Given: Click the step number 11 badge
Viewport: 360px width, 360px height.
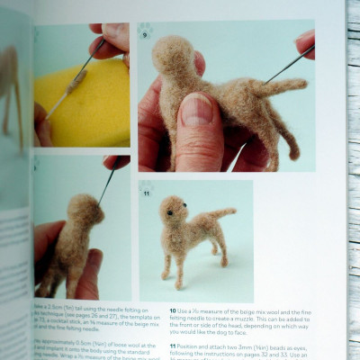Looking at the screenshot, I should [146, 191].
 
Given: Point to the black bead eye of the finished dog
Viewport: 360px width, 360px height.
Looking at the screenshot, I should [166, 212].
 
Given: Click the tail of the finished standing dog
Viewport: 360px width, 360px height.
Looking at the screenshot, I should [220, 214].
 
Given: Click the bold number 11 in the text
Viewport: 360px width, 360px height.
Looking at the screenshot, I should [171, 346].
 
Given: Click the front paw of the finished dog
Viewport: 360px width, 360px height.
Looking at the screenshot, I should [166, 274].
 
